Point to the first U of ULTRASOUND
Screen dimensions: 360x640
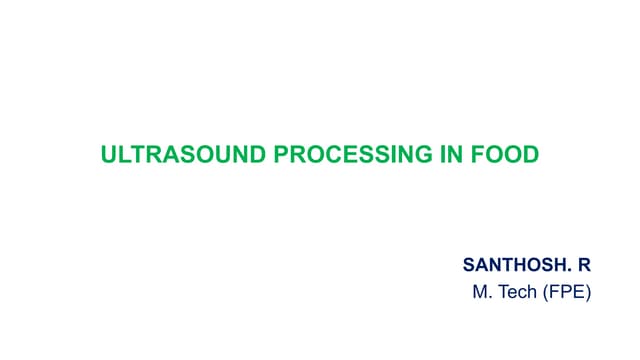pos(109,155)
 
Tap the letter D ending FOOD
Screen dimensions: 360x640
pos(532,155)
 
